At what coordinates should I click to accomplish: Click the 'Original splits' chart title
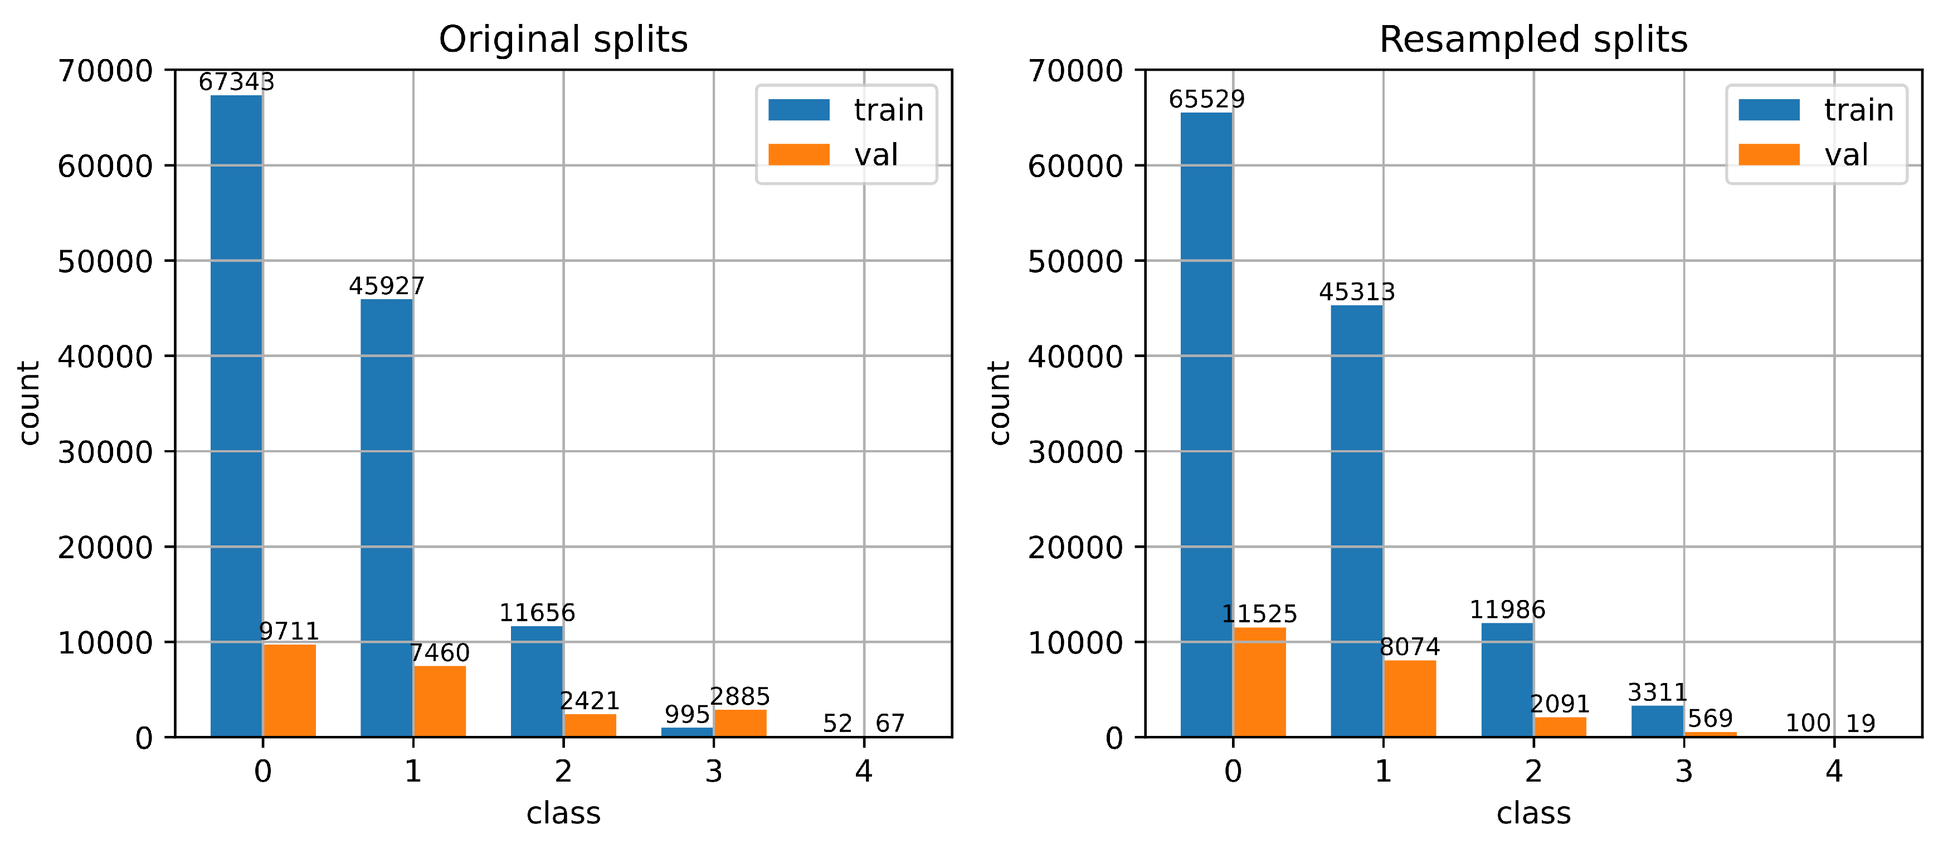pos(563,39)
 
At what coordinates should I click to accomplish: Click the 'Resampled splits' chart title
pos(1533,39)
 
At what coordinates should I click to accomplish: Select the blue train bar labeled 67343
pos(236,415)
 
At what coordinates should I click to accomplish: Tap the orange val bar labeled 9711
pos(289,690)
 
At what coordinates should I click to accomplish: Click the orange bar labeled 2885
pos(740,723)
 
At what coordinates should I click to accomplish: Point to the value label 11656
pos(537,612)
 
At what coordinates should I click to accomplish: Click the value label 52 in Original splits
pos(837,723)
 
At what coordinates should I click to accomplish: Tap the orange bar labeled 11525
pos(1259,682)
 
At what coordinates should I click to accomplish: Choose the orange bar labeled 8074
pos(1409,699)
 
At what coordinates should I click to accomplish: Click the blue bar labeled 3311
pos(1657,721)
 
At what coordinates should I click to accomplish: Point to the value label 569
pos(1710,718)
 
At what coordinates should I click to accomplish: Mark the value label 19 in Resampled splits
pos(1861,723)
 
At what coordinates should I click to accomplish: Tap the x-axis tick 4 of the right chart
pos(1834,771)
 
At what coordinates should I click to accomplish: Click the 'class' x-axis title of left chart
pos(563,813)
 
